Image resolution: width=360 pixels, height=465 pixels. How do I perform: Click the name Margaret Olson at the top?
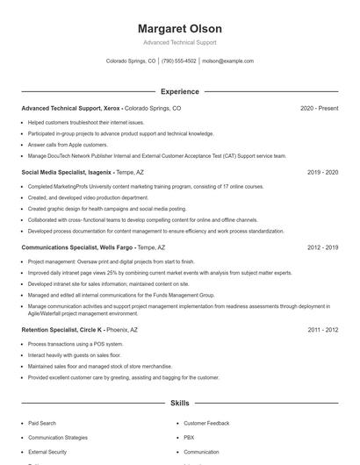(179, 28)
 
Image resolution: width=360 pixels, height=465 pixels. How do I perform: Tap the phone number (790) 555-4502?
(179, 61)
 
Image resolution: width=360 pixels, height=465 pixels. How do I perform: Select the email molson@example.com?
(227, 61)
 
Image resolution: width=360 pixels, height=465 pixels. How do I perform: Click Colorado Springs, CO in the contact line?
(131, 61)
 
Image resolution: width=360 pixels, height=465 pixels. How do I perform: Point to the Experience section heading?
(179, 91)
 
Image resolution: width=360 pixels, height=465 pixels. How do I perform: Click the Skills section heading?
(179, 403)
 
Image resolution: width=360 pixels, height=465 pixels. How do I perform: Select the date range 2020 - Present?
(319, 109)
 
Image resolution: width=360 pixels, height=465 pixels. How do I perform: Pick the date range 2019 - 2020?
(322, 173)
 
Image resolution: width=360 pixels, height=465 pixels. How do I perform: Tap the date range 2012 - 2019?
(322, 248)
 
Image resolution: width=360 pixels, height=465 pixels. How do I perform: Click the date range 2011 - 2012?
(322, 330)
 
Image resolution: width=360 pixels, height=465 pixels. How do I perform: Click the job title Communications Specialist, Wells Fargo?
(77, 248)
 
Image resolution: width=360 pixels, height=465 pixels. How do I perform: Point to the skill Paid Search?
(42, 423)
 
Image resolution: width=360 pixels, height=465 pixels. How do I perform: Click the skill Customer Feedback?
(207, 423)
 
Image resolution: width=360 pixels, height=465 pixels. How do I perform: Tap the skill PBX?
(189, 437)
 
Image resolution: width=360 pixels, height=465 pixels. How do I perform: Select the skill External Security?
(47, 452)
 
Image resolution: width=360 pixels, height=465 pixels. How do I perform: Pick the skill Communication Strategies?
(58, 437)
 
